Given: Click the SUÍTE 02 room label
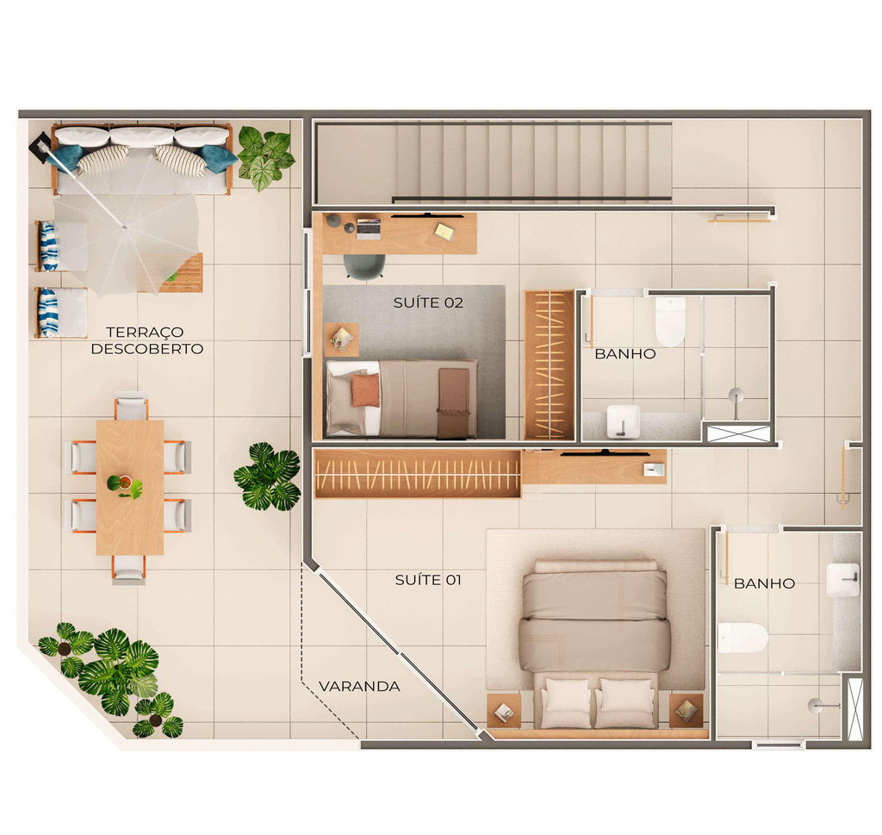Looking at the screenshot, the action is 428,302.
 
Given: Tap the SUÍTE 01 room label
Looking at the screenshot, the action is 428,580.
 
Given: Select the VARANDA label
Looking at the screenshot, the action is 359,687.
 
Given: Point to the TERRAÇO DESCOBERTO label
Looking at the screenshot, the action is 146,340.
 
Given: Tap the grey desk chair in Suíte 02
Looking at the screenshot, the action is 364,266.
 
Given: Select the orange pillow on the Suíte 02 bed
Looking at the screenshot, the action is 365,390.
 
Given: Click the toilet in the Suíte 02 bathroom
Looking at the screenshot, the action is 670,321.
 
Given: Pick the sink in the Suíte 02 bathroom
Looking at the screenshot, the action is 624,421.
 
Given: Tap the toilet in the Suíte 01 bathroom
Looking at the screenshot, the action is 742,638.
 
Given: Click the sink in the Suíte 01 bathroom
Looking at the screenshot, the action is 843,580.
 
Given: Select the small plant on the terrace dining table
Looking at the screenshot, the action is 125,486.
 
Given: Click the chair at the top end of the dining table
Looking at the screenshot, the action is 131,405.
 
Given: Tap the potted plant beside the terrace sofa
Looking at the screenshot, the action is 265,157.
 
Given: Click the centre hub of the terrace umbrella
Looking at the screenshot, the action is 124,227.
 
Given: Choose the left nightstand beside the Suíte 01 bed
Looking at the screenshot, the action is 503,711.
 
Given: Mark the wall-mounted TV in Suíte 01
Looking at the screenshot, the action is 606,452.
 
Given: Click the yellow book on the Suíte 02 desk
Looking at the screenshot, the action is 444,231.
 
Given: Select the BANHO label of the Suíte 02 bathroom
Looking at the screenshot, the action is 625,354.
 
